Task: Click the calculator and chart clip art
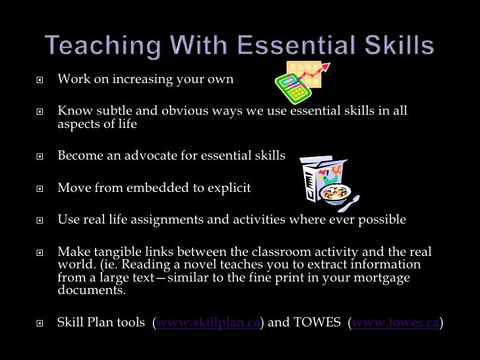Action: click(x=301, y=81)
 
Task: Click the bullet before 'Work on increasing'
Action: click(x=40, y=80)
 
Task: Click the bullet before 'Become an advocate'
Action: click(x=40, y=156)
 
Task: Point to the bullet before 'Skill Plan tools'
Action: click(x=40, y=323)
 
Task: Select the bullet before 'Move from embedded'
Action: click(x=40, y=189)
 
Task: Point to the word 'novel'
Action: click(x=208, y=264)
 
